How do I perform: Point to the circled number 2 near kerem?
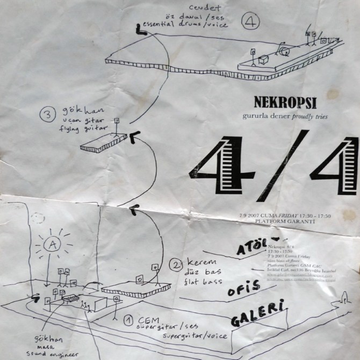tap(176, 264)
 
